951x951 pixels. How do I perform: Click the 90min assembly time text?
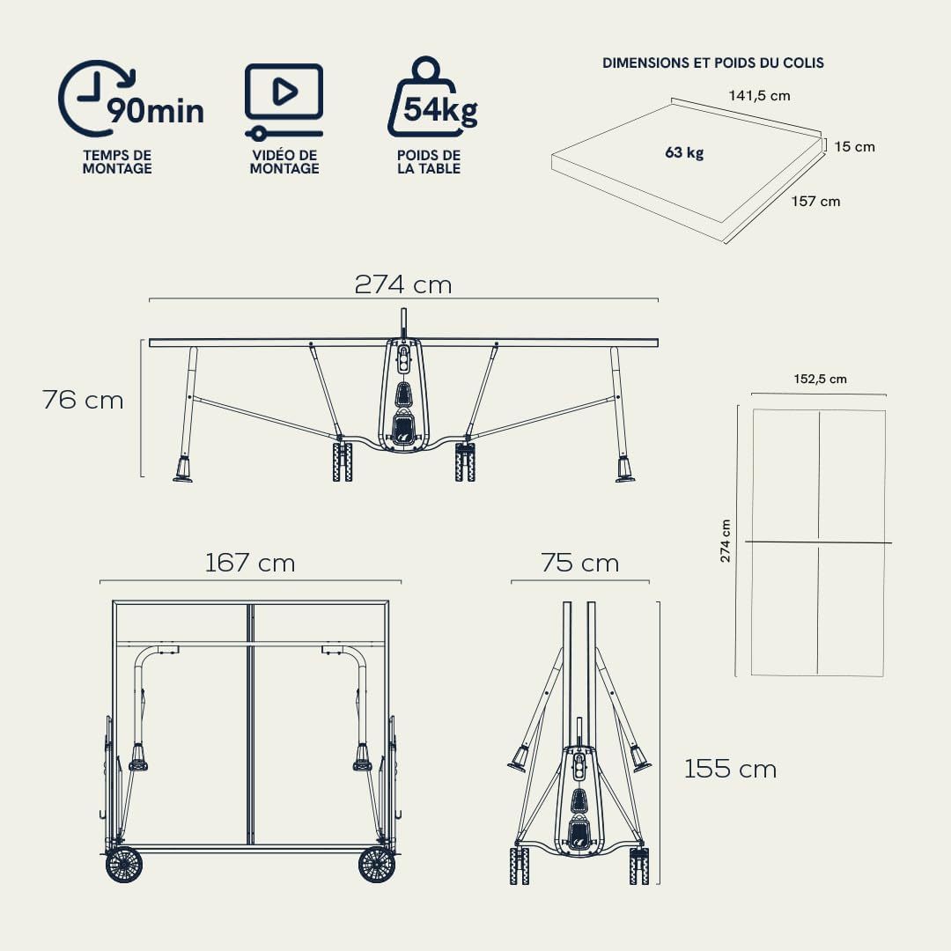(x=156, y=111)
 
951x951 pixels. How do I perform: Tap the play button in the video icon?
(x=284, y=92)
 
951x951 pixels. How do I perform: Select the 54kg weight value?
(x=440, y=110)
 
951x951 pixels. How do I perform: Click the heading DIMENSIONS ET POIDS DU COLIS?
(x=712, y=63)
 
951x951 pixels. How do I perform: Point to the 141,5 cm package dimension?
(x=759, y=96)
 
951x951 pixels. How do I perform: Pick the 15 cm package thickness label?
(x=854, y=147)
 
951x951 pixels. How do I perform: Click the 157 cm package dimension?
(x=815, y=202)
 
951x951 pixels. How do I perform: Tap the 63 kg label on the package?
(x=684, y=152)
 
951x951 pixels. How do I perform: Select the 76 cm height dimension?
(x=83, y=400)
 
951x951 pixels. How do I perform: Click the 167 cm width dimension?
(x=250, y=563)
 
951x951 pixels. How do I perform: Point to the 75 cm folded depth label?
(x=579, y=563)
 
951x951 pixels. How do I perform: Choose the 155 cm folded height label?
(x=730, y=769)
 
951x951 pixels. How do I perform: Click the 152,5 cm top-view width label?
(x=820, y=379)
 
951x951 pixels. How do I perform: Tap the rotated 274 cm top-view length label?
(x=726, y=541)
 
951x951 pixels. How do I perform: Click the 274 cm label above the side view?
(x=403, y=284)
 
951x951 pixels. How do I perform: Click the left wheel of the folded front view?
(x=124, y=865)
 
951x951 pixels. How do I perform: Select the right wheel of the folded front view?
(x=377, y=865)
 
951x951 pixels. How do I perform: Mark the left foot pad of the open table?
(x=183, y=479)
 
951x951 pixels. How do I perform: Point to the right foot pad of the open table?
(x=625, y=479)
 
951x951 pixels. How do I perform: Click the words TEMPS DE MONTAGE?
(x=117, y=162)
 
